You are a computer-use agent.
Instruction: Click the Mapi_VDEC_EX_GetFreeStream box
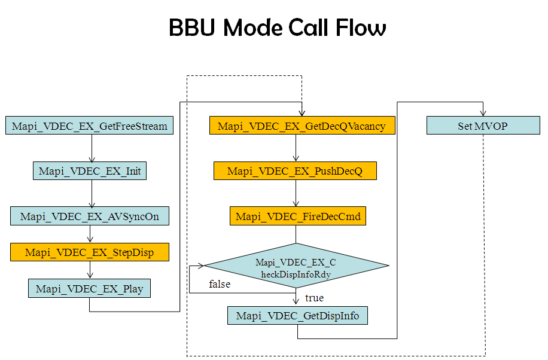click(x=90, y=126)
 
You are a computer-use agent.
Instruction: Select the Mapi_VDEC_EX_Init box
click(x=90, y=171)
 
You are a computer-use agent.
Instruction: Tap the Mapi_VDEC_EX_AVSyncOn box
click(x=90, y=216)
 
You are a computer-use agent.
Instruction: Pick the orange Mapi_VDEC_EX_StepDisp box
click(x=90, y=252)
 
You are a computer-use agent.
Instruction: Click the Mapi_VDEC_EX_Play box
click(x=90, y=289)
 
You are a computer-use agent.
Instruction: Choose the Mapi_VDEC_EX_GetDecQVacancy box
click(x=302, y=126)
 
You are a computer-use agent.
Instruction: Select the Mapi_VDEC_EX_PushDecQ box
click(x=295, y=172)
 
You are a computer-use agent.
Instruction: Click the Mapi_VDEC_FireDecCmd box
click(x=298, y=216)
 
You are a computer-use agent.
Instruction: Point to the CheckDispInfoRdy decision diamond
click(x=296, y=266)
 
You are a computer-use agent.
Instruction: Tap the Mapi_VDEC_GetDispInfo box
click(x=297, y=315)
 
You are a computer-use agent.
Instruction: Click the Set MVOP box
click(x=482, y=126)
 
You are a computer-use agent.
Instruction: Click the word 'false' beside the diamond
click(x=220, y=284)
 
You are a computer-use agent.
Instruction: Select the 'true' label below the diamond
click(x=314, y=298)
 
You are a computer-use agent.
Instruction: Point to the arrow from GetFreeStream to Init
click(x=92, y=148)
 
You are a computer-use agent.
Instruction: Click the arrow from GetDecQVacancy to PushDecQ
click(x=296, y=148)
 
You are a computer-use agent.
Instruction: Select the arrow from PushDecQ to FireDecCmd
click(x=296, y=193)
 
